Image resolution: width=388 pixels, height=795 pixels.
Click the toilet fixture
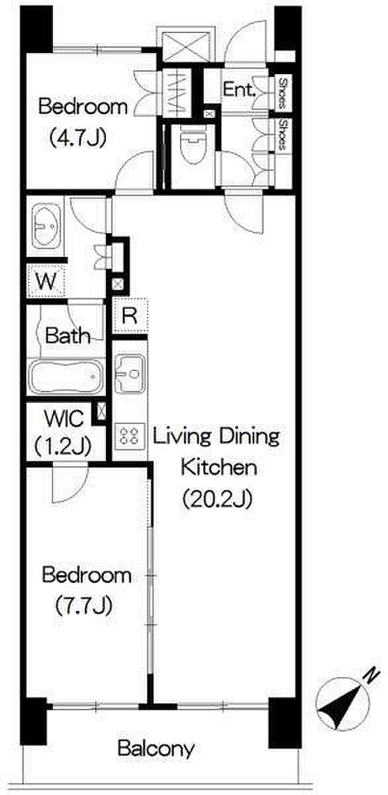tap(193, 146)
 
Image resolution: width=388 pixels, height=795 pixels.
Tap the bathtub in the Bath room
tap(65, 376)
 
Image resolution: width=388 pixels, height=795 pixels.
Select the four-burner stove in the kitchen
tap(130, 436)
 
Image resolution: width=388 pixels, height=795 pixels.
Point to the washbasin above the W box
tap(46, 225)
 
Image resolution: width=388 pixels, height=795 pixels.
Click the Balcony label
tap(156, 749)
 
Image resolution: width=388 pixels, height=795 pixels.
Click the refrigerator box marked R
tap(130, 315)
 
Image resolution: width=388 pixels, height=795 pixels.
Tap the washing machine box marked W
tap(46, 281)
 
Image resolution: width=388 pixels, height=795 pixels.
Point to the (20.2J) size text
tap(217, 498)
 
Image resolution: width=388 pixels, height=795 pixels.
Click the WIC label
tap(64, 419)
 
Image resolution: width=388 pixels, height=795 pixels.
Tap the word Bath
tap(68, 335)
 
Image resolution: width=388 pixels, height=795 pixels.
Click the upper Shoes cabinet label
tap(283, 93)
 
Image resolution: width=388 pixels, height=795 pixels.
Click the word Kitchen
tap(218, 468)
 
